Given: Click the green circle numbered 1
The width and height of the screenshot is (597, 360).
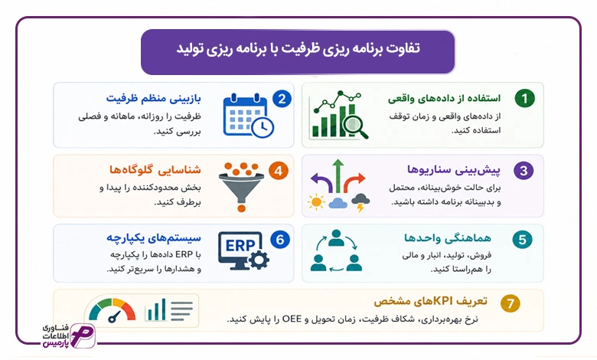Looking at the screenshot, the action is pos(524,98).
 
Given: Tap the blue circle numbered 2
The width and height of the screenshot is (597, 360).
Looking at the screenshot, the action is pos(282,99).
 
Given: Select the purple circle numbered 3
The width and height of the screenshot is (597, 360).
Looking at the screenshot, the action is pos(524,170).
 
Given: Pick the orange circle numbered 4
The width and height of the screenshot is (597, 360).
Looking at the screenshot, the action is pos(279,171).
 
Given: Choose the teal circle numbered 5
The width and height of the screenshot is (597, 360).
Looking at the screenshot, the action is pos(522,240).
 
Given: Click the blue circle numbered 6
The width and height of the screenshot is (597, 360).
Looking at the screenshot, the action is pos(280,240).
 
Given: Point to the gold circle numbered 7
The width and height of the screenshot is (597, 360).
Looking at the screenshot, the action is pos(511,303).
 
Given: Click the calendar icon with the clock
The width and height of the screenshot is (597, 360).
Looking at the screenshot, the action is pos(248,115).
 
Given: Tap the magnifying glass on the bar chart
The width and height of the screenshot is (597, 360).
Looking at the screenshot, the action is pos(355,126).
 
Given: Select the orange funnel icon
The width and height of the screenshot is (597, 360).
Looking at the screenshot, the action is pos(241,187).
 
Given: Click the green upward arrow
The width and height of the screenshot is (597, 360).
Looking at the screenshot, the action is pos(338,176).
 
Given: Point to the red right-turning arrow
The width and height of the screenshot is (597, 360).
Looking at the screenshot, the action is pos(354,183).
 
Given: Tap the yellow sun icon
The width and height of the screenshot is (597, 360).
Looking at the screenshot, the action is pos(316,202).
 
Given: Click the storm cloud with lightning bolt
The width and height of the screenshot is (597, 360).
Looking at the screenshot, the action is pos(360,202).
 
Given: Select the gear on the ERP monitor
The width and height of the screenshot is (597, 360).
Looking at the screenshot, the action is pos(259,260).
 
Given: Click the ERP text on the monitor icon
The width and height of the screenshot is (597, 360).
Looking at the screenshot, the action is pos(240,245).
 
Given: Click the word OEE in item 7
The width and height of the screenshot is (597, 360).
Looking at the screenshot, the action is pos(292,319).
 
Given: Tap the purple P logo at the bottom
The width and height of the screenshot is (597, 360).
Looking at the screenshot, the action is pos(83,336).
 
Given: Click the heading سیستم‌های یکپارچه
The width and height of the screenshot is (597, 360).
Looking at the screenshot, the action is pos(153,238).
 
